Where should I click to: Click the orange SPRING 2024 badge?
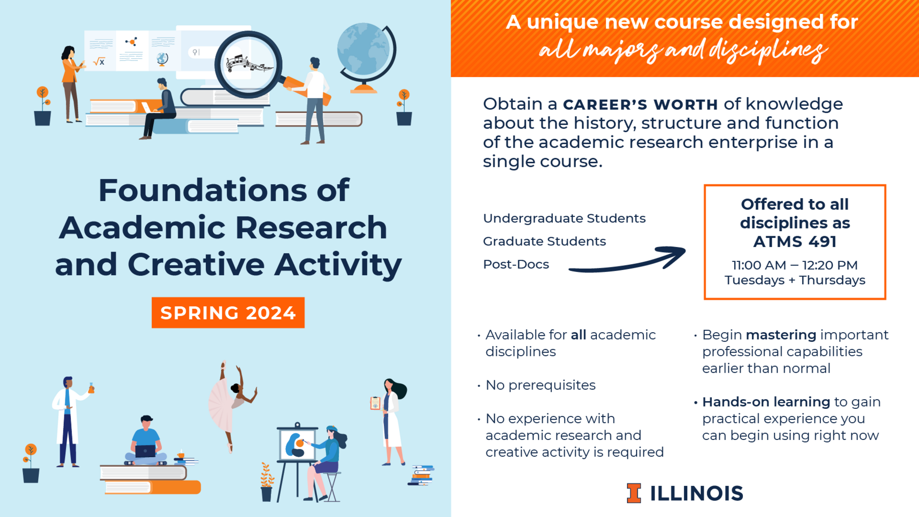(x=228, y=312)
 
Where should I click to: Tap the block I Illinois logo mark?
(x=634, y=493)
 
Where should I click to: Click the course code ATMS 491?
(x=794, y=241)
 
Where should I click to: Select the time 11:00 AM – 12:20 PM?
(x=794, y=265)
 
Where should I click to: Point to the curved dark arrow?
(x=628, y=263)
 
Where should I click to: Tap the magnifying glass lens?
(x=248, y=64)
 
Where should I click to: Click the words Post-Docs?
(x=516, y=264)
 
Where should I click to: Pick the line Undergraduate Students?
(x=564, y=218)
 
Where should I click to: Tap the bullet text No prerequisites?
(x=540, y=385)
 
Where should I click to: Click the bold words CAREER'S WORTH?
(x=640, y=105)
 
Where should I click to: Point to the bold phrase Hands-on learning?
(x=766, y=402)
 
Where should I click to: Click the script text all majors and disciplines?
(x=683, y=50)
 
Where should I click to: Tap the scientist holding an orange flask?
(x=70, y=421)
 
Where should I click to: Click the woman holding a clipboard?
(x=391, y=422)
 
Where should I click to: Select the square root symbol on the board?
(x=99, y=62)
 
